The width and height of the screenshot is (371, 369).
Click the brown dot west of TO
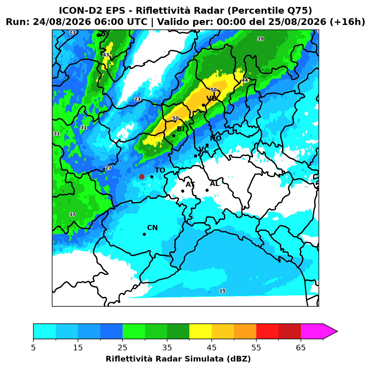[x=142, y=176]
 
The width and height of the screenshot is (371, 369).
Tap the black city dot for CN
[x=144, y=234]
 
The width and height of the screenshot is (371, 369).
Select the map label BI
[x=180, y=129]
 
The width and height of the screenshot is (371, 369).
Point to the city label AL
[x=215, y=183]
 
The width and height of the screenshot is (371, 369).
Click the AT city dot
[x=183, y=191]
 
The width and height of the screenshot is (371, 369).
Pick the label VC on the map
[x=204, y=149]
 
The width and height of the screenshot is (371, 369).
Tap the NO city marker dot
[x=207, y=145]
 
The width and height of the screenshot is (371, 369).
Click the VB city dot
[x=203, y=105]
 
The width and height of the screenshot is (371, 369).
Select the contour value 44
[x=245, y=80]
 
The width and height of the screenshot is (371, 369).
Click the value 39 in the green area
[x=261, y=39]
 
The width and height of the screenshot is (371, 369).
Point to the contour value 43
[x=106, y=55]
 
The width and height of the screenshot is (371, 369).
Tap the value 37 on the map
[x=72, y=214]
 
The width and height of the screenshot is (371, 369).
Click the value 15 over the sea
[x=222, y=291]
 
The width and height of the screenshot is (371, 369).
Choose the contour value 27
[x=108, y=168]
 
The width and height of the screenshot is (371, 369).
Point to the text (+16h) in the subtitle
[x=347, y=22]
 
